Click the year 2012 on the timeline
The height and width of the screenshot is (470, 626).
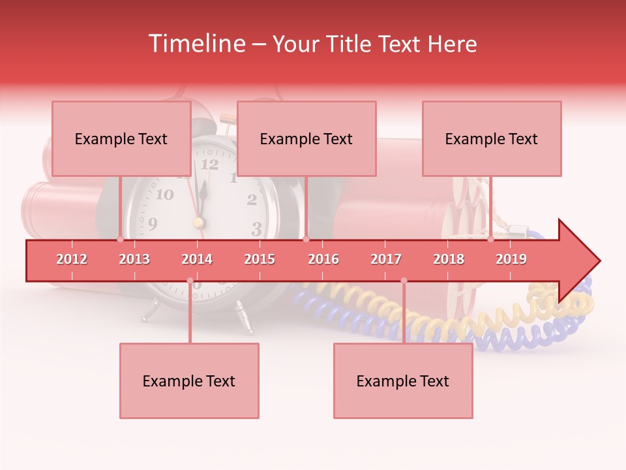point(72,259)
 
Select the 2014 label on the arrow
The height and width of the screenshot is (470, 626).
point(197,259)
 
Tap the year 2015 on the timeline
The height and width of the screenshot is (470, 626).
point(260,259)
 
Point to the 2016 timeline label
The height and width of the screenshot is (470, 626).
point(323,259)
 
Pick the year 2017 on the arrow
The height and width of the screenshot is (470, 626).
point(386,259)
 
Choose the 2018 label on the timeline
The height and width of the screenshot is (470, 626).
point(449,259)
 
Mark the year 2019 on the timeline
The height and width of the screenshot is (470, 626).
point(511,259)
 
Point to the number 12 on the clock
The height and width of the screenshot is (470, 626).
point(209,164)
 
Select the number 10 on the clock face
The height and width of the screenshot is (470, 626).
point(164,195)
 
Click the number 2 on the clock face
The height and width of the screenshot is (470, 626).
point(252,200)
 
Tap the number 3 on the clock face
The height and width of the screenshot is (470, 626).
point(256,228)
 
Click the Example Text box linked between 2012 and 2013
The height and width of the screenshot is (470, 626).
point(121,138)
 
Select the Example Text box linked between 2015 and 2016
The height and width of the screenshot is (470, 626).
point(306,138)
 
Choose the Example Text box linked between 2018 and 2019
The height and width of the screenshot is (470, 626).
point(492,138)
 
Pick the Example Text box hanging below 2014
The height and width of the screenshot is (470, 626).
point(189,381)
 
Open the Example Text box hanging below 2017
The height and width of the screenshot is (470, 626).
point(403,381)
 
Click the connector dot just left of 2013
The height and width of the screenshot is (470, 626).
point(120,240)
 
